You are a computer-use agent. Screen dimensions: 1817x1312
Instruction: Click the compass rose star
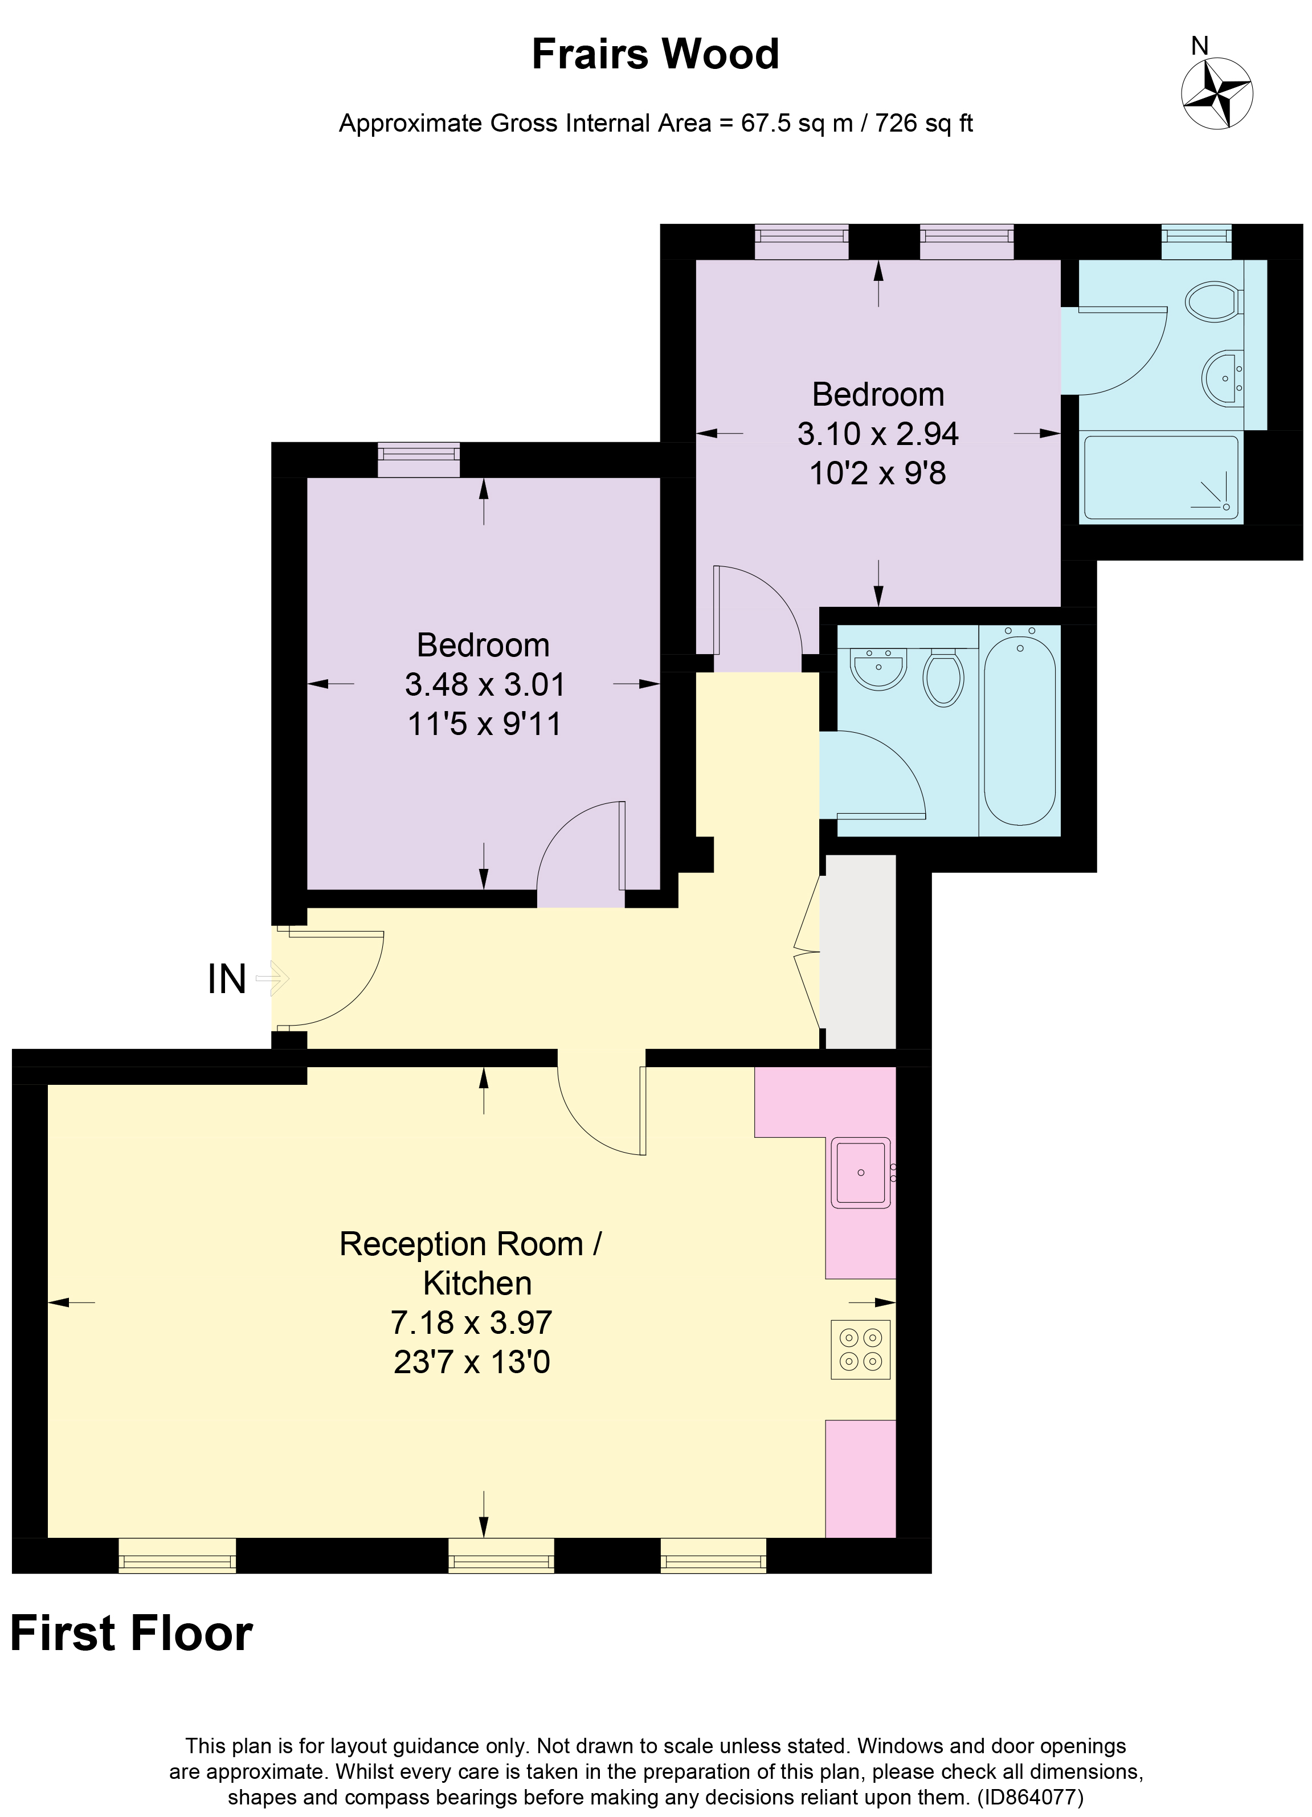1217,95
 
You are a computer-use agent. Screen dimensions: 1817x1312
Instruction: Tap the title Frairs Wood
655,55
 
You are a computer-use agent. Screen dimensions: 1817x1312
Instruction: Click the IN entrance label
227,979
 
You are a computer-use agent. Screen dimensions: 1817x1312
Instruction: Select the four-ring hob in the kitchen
860,1349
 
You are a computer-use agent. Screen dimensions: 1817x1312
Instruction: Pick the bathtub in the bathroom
1019,730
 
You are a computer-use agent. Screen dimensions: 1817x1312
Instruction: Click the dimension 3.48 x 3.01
485,684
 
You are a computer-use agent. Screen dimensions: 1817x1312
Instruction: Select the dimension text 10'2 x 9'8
877,473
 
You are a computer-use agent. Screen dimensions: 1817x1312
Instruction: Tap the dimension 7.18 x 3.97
471,1322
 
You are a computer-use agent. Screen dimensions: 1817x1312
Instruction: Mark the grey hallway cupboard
860,951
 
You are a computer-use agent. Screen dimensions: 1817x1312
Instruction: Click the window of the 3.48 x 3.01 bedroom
418,459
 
